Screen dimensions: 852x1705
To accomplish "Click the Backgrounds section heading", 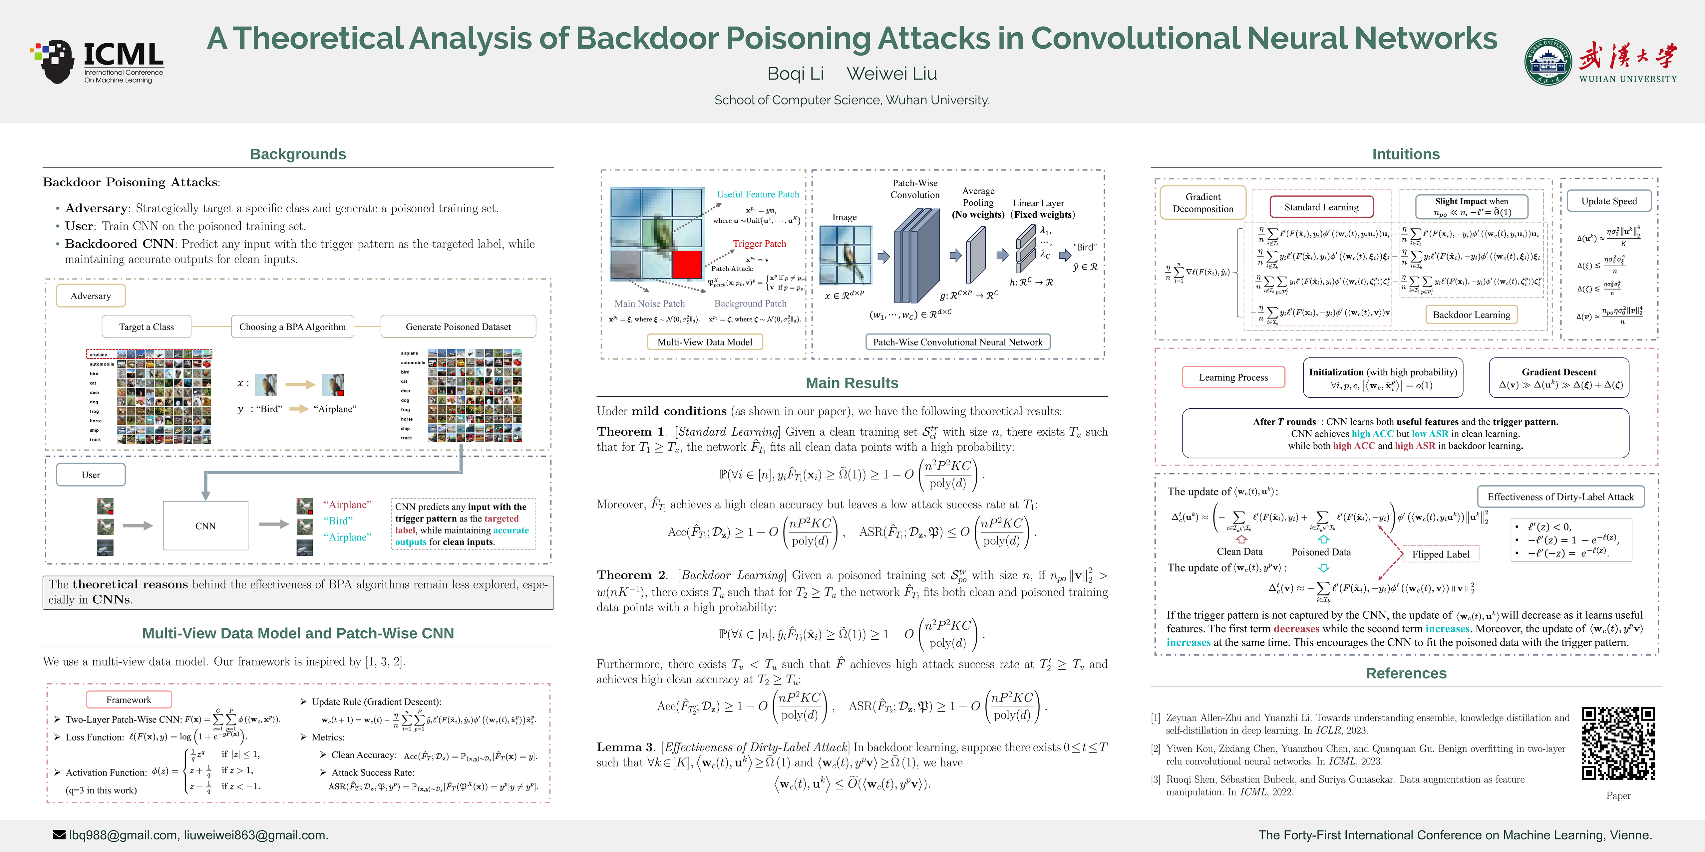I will pos(298,154).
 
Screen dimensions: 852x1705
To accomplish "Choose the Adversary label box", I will pos(91,296).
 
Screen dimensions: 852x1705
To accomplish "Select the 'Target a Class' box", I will pos(146,327).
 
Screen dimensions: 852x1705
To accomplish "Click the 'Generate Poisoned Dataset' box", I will pos(458,327).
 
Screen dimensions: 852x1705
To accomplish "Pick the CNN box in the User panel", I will pos(205,526).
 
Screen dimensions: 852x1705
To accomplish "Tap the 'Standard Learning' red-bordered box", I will pos(1321,207).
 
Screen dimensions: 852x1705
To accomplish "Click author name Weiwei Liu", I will pos(891,74).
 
